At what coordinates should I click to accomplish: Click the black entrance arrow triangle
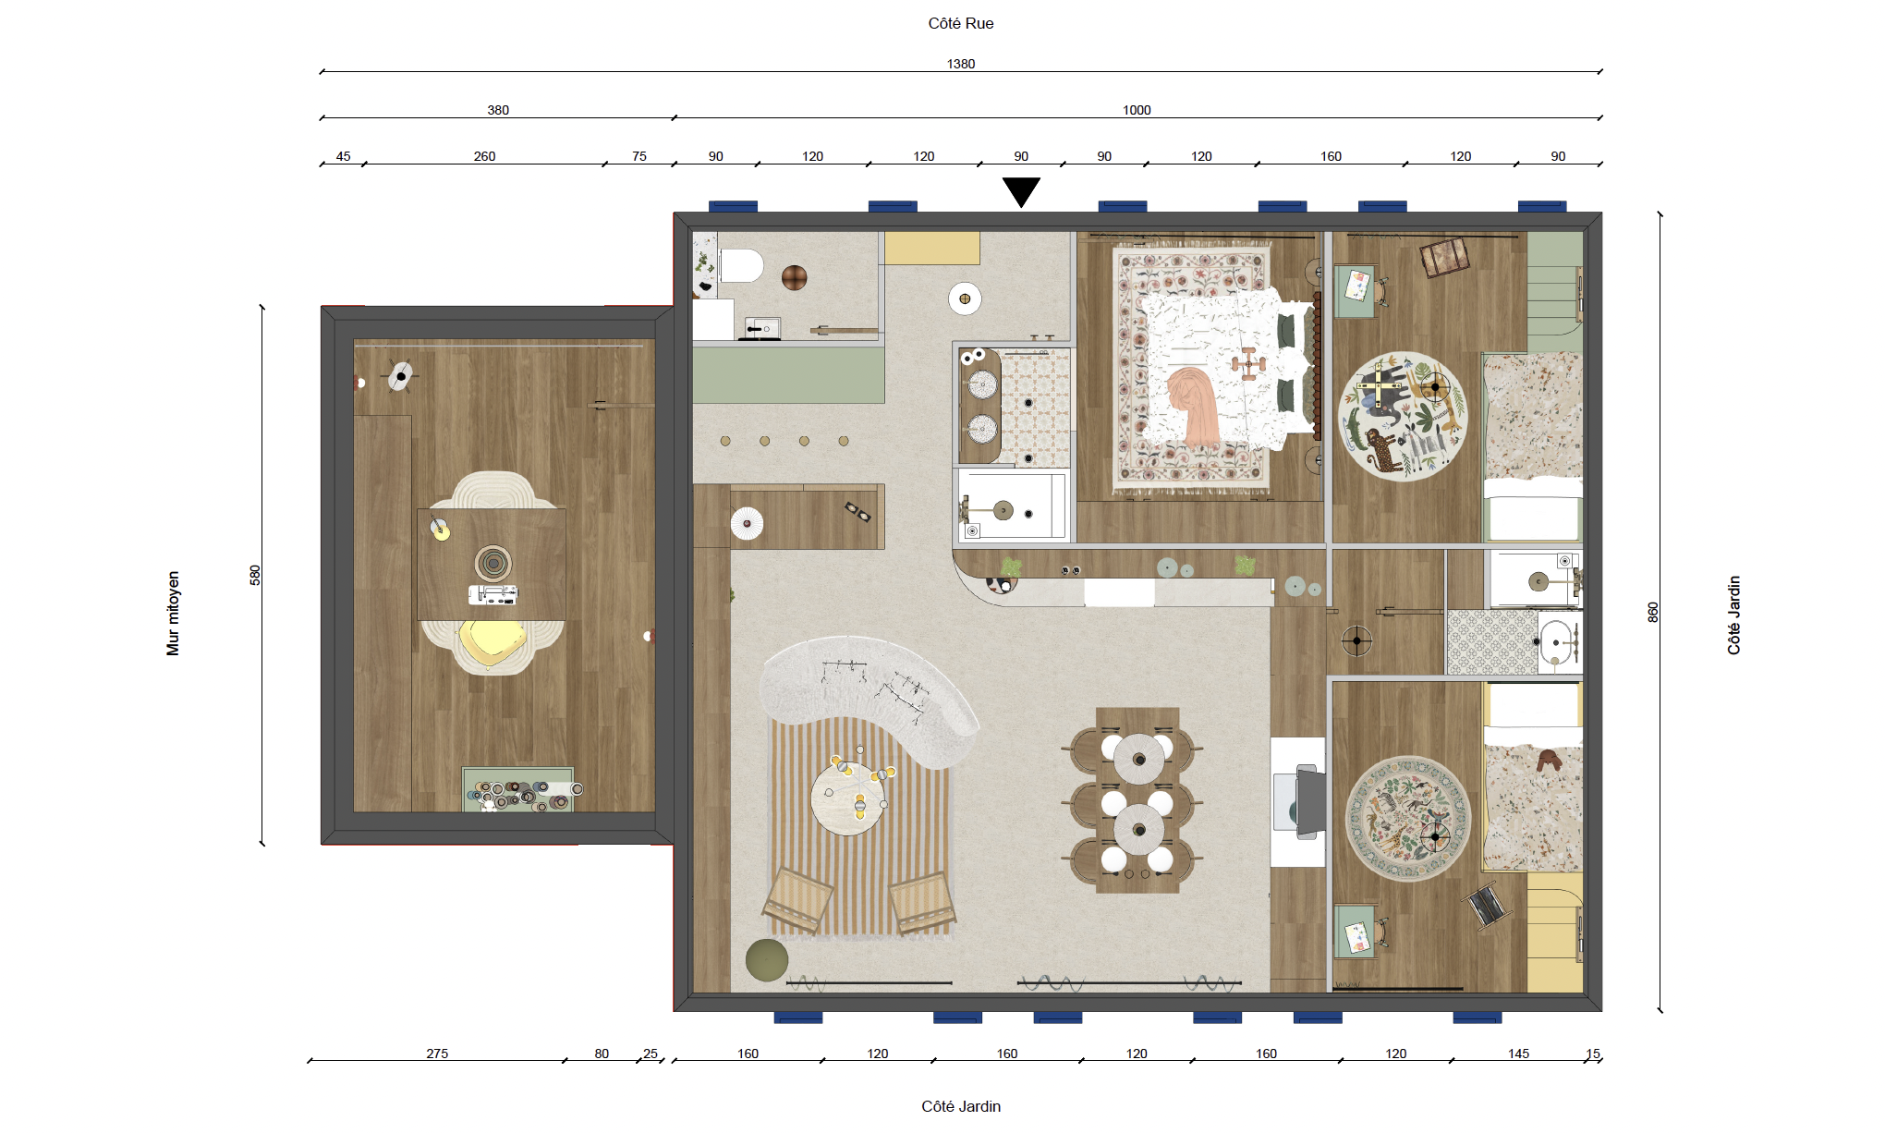click(1021, 191)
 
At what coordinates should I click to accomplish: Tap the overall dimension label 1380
click(961, 64)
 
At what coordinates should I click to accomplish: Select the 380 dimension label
click(498, 110)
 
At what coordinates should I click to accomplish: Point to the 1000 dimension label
click(1137, 110)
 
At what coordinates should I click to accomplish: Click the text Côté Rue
click(961, 23)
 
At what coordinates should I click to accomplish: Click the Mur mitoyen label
click(173, 613)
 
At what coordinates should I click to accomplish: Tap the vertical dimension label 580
click(255, 575)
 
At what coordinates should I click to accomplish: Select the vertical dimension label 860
click(1653, 612)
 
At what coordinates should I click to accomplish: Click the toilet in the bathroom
click(741, 266)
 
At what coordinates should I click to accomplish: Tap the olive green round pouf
click(767, 960)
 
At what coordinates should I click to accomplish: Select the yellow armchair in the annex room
click(493, 644)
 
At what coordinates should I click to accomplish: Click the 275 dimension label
click(437, 1054)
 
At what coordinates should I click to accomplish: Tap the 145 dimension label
click(1518, 1054)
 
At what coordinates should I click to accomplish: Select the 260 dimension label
click(484, 156)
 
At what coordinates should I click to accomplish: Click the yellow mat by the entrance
click(931, 248)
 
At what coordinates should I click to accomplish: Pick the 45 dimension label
click(343, 156)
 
